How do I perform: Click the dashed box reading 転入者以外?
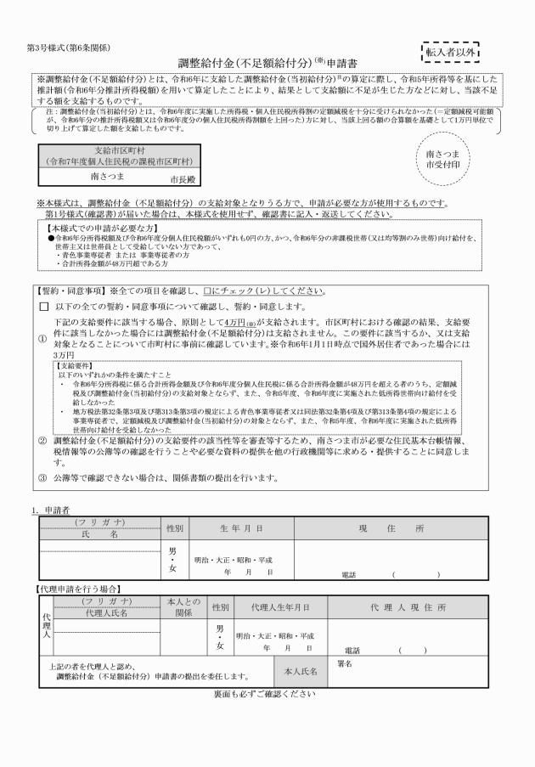point(450,52)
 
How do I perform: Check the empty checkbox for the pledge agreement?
point(44,306)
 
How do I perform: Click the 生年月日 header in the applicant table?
point(246,528)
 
